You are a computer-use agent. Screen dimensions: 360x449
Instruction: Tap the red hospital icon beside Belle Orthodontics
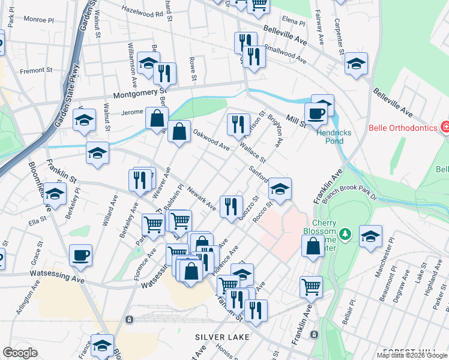point(445,127)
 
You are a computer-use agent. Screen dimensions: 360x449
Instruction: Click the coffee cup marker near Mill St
point(315,112)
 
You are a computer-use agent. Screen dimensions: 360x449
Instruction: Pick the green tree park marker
point(345,233)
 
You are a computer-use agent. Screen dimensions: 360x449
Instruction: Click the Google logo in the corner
point(20,353)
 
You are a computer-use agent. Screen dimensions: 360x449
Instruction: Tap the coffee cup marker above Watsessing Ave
point(80,255)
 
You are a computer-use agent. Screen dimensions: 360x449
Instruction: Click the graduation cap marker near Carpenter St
point(356,63)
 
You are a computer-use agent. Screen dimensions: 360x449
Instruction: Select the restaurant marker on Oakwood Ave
point(238,124)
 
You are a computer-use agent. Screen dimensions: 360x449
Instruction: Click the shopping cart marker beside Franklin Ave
point(311,286)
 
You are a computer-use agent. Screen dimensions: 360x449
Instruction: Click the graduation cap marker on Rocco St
point(279,189)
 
